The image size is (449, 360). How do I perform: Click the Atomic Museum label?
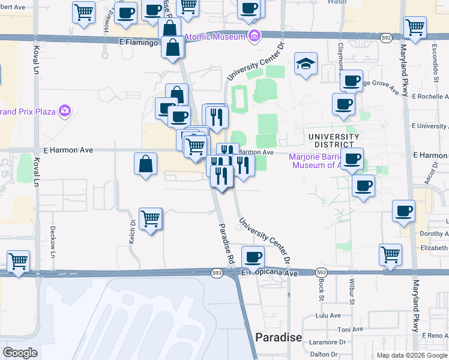pos(215,37)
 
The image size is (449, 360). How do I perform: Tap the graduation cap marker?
pos(306,64)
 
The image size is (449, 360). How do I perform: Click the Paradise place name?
pos(279,337)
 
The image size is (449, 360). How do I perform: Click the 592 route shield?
pos(387,38)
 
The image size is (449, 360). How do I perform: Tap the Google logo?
pos(20,353)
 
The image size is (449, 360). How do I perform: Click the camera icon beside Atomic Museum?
pos(254,36)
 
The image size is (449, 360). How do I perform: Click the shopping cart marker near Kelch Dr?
pos(150,218)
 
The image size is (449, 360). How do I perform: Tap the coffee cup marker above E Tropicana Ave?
pos(253,257)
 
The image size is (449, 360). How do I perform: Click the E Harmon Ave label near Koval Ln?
pos(68,150)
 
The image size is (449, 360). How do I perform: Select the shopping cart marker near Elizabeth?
pos(390,254)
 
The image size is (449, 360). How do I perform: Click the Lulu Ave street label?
pos(329,315)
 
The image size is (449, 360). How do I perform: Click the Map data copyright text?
pos(412,355)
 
